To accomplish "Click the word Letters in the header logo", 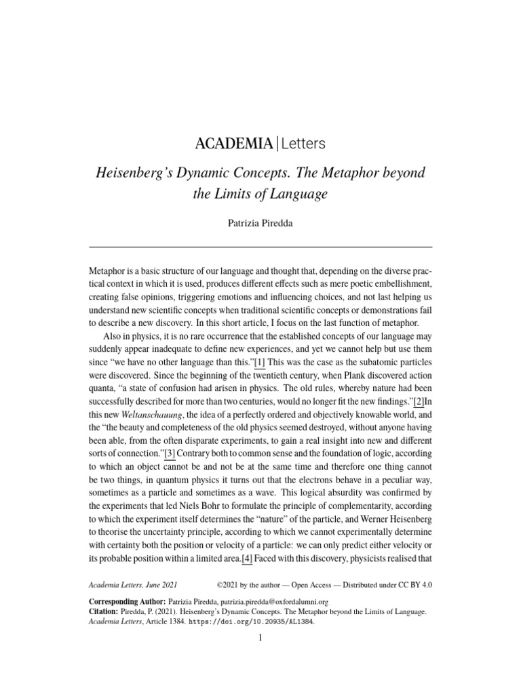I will pyautogui.click(x=303, y=144).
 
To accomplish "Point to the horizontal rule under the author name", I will pyautogui.click(x=260, y=247).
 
